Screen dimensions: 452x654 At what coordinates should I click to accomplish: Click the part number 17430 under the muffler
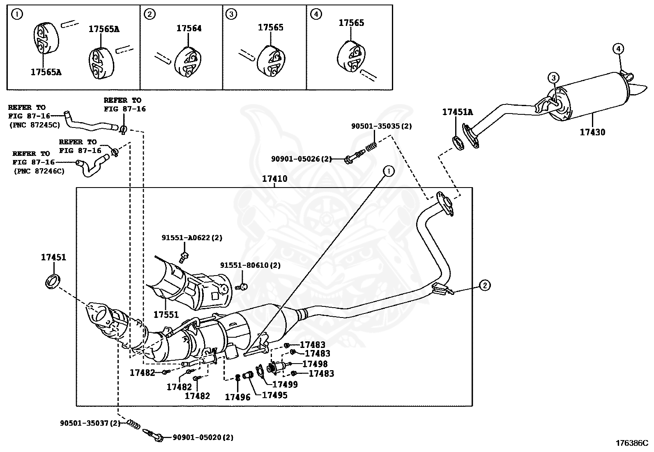pyautogui.click(x=592, y=132)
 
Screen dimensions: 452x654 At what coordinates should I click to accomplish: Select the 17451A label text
pyautogui.click(x=457, y=112)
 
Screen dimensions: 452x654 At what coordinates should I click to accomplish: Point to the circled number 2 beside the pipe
pyautogui.click(x=485, y=285)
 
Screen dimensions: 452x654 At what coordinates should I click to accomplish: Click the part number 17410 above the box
pyautogui.click(x=275, y=179)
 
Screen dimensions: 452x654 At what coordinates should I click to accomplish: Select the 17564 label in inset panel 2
pyautogui.click(x=189, y=28)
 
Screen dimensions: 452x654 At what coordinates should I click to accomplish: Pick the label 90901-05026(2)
pyautogui.click(x=301, y=158)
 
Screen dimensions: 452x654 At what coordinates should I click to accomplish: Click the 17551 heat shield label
pyautogui.click(x=166, y=315)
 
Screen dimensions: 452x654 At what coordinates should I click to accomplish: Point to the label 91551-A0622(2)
pyautogui.click(x=191, y=238)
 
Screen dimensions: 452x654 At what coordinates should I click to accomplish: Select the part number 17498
pyautogui.click(x=315, y=364)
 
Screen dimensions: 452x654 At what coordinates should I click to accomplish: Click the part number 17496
pyautogui.click(x=237, y=397)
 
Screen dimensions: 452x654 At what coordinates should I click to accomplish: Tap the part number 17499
pyautogui.click(x=285, y=385)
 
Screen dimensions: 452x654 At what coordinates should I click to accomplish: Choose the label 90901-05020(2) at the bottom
pyautogui.click(x=203, y=438)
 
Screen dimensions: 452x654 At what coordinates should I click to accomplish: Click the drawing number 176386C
pyautogui.click(x=631, y=443)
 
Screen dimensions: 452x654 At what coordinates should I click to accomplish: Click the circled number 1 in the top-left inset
pyautogui.click(x=16, y=15)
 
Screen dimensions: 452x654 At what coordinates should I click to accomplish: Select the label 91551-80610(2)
pyautogui.click(x=250, y=266)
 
